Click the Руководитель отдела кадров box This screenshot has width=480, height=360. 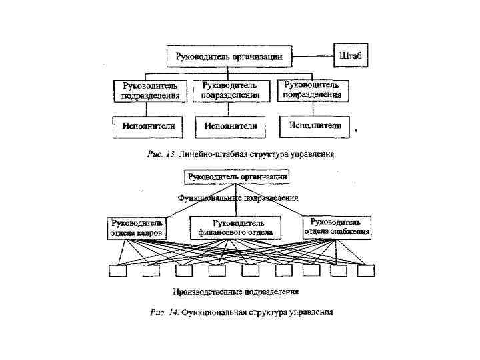coord(136,227)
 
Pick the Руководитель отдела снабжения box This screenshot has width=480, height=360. coord(337,227)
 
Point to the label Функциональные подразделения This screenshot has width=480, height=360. coord(238,198)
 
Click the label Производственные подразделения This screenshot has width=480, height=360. coord(235,291)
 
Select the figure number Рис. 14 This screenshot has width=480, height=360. coord(164,312)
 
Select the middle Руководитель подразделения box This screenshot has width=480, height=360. coord(231,91)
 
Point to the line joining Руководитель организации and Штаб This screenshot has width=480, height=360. coord(313,55)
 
